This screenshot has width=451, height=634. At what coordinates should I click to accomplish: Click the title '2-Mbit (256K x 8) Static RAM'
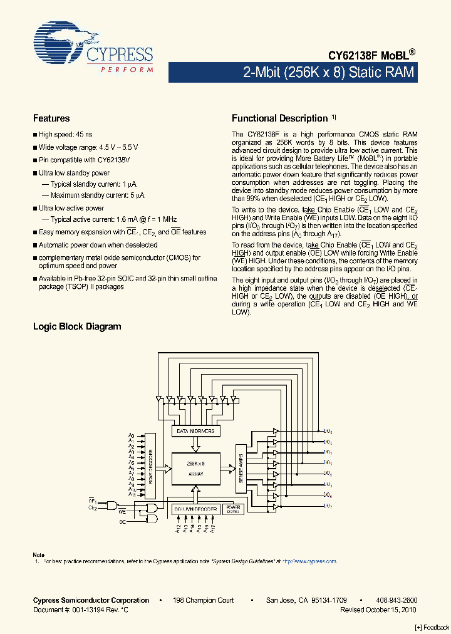[329, 72]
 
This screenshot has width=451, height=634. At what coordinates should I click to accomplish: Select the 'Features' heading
[51, 118]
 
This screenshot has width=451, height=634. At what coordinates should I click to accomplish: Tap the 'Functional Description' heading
[280, 118]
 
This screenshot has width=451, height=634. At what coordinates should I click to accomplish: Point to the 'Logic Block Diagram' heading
[77, 326]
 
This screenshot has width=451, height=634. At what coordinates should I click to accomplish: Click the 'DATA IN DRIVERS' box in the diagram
[195, 431]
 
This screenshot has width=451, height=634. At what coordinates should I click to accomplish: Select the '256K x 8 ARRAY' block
[195, 469]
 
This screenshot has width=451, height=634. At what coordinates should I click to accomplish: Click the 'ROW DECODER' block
[150, 465]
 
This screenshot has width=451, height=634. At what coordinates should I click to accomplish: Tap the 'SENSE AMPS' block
[240, 465]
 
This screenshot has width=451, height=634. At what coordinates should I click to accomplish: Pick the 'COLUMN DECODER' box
[195, 509]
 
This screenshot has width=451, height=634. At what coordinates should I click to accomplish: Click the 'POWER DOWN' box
[233, 509]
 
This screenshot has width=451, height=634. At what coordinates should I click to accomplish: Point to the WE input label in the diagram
[123, 512]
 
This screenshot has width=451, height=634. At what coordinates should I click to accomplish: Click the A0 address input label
[132, 435]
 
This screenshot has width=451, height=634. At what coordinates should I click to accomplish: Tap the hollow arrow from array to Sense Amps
[227, 468]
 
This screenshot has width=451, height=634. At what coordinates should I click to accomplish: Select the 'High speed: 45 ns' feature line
[65, 135]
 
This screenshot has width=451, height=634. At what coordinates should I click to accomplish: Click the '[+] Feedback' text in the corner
[432, 627]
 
